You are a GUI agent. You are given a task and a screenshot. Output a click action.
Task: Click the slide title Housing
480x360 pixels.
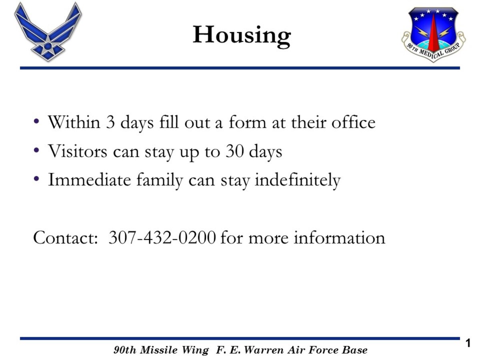(x=242, y=36)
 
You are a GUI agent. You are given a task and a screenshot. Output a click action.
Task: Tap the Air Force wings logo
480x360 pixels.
(x=48, y=32)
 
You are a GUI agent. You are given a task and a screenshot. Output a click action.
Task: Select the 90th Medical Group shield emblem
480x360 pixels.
(x=434, y=35)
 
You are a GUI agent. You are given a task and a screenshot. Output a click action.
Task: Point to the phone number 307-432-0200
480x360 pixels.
(x=162, y=238)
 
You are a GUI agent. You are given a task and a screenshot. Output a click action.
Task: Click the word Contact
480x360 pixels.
(x=65, y=238)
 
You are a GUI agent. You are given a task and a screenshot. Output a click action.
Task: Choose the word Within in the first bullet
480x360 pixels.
(x=74, y=122)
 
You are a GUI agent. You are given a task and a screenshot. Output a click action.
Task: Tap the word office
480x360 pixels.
(x=353, y=122)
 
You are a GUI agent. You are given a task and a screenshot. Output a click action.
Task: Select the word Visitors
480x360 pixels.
(x=78, y=151)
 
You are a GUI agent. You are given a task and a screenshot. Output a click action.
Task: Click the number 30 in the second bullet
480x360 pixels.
(x=235, y=151)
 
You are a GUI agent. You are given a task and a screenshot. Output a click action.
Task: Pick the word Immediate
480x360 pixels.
(x=89, y=180)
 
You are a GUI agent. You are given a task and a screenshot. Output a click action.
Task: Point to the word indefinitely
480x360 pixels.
(x=298, y=180)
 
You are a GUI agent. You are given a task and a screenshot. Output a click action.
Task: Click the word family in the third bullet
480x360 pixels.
(x=160, y=180)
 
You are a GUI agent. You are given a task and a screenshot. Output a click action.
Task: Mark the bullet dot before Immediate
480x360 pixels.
(x=36, y=179)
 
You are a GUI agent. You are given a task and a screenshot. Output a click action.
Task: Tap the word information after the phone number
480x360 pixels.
(x=339, y=238)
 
